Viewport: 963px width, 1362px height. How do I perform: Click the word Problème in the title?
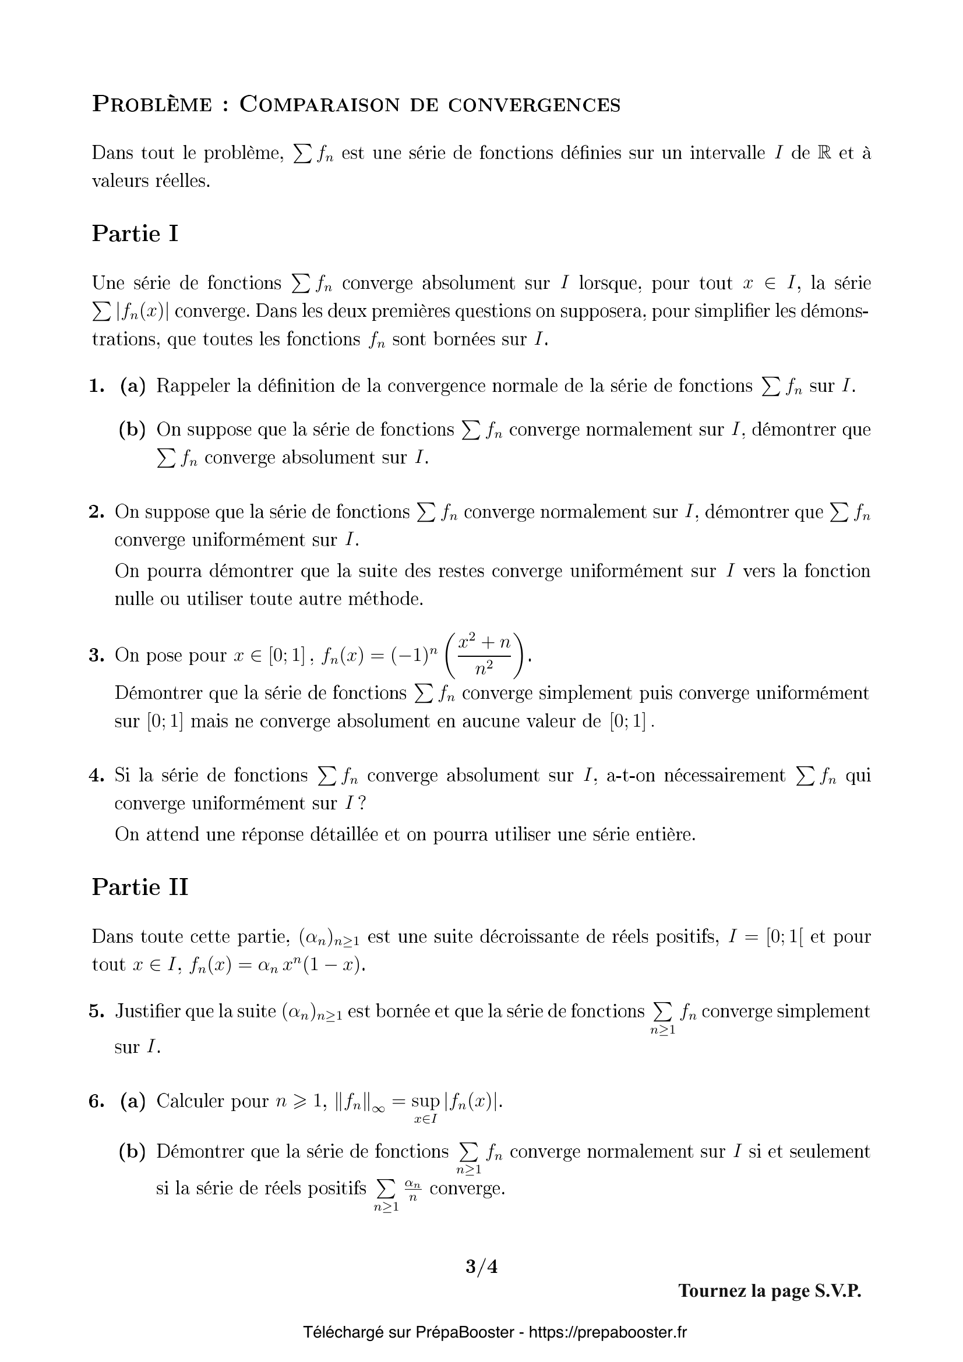click(152, 104)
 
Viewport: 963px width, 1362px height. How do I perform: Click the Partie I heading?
click(135, 234)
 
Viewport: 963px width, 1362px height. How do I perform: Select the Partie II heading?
click(140, 887)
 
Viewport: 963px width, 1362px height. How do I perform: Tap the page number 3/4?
click(481, 1267)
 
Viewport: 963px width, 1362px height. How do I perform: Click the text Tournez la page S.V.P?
click(770, 1291)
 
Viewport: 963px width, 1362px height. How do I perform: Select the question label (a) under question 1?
click(132, 386)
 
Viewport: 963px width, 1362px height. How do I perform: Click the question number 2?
click(97, 511)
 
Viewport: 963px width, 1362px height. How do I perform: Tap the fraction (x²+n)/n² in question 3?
click(485, 656)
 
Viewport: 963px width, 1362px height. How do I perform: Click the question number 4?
click(97, 775)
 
